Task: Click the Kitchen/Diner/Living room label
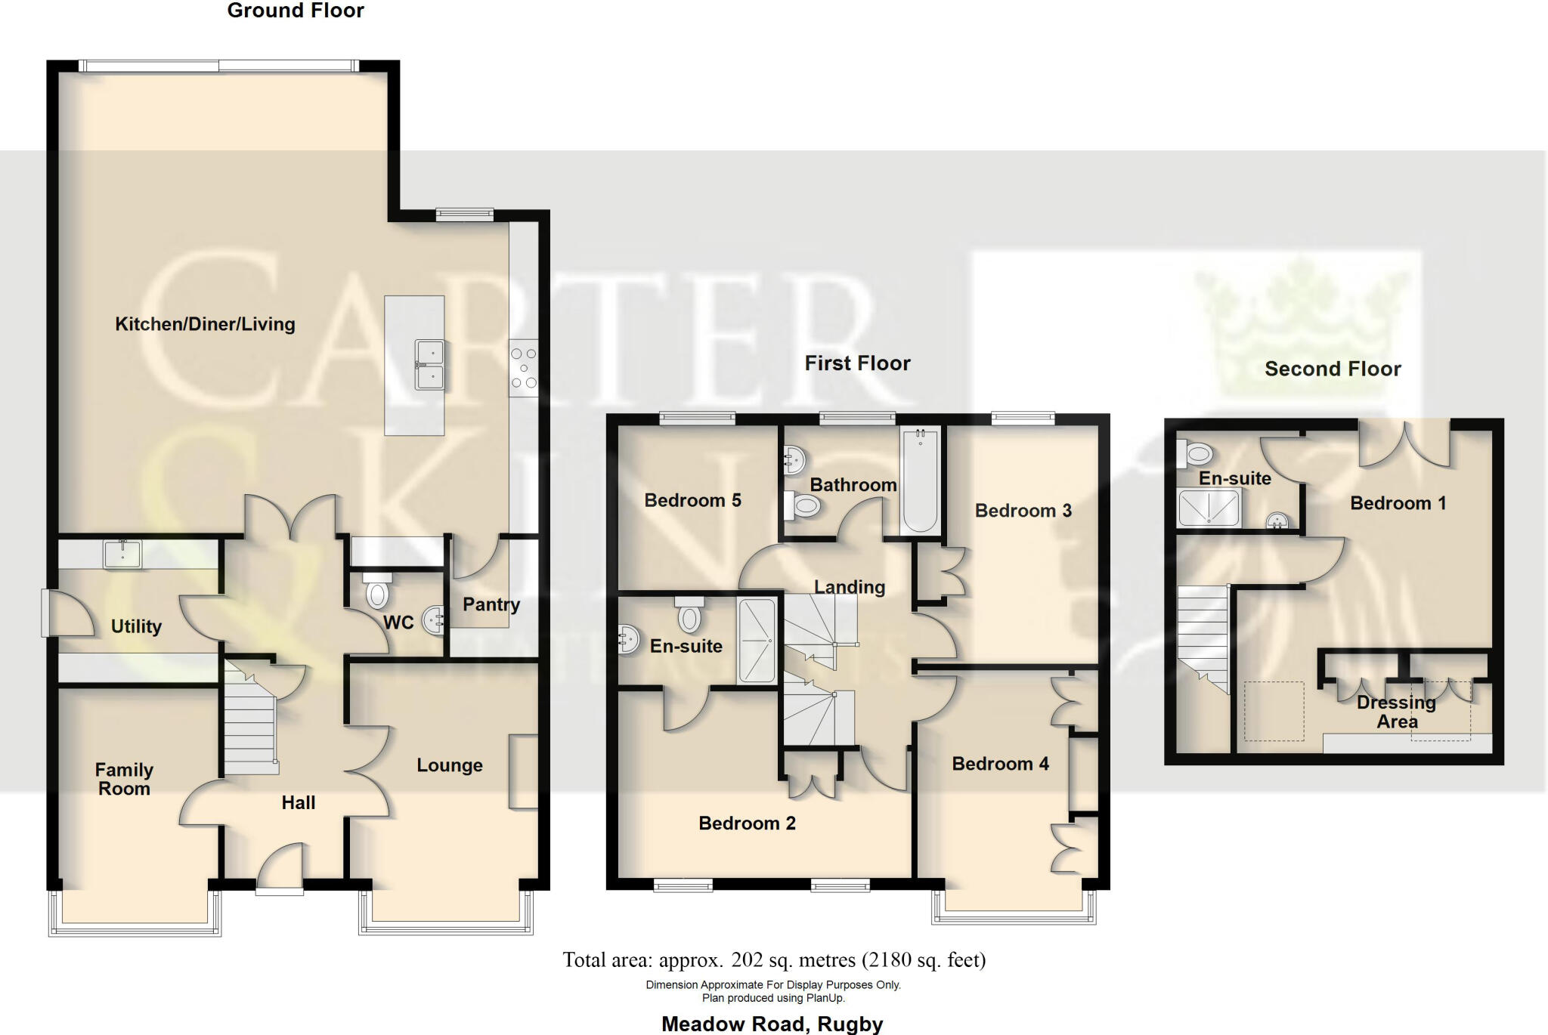(205, 324)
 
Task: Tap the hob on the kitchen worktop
(523, 368)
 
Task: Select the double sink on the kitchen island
(429, 365)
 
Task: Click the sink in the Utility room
(122, 554)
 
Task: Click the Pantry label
(491, 604)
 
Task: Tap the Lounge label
(450, 765)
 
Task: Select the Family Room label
(124, 779)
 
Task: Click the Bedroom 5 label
(692, 500)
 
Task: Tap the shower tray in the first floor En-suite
(757, 641)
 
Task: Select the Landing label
(850, 587)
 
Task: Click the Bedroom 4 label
(1000, 764)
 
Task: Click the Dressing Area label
(1397, 712)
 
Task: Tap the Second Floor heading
(1333, 369)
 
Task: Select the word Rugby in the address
(850, 1024)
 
